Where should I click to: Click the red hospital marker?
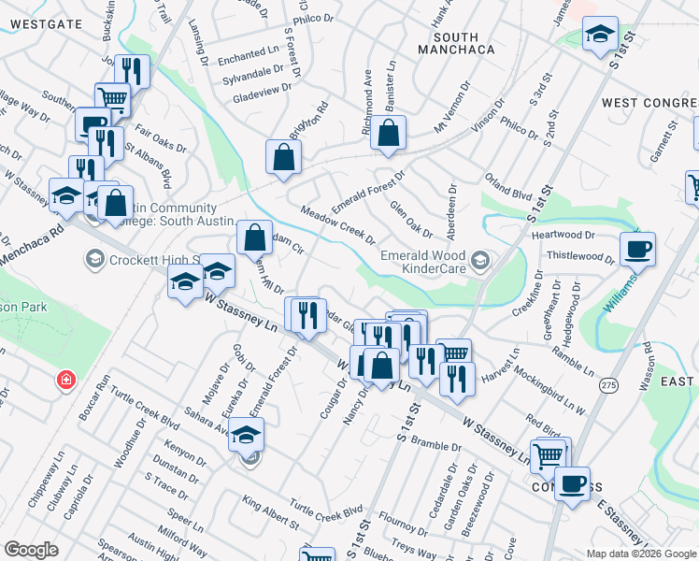tap(65, 380)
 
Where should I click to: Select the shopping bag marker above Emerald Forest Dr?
tap(388, 135)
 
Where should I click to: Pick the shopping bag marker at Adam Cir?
tap(254, 237)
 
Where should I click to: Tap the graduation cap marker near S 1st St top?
tap(599, 36)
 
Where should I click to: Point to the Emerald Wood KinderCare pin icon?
tap(480, 259)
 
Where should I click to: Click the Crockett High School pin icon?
tap(93, 257)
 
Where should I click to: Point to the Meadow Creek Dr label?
tap(338, 227)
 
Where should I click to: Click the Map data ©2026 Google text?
tap(641, 554)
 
